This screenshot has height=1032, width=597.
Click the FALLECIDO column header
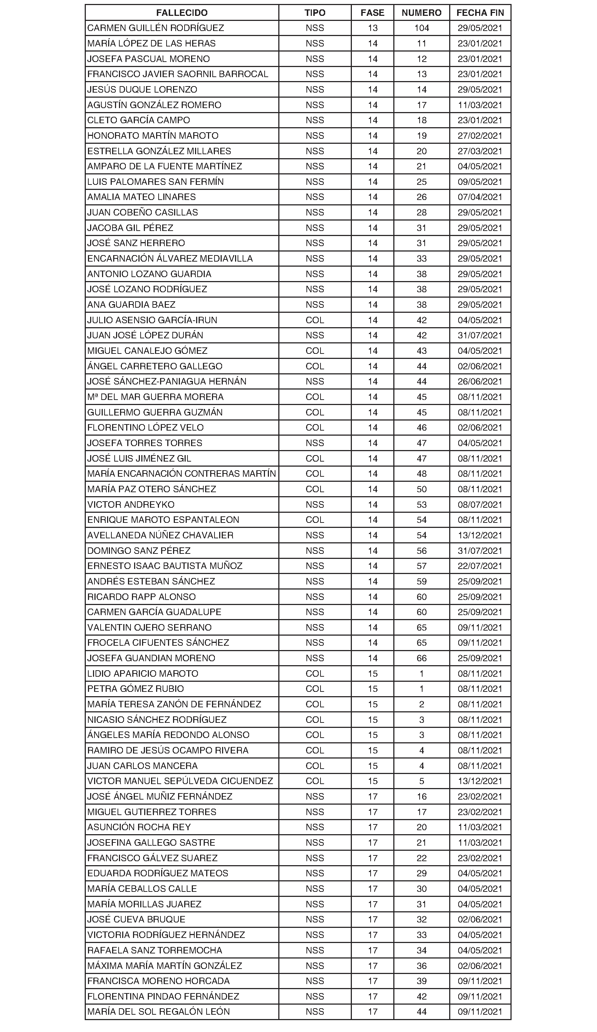(182, 13)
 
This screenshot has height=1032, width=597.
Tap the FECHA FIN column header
(480, 13)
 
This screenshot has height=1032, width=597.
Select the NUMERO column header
(421, 13)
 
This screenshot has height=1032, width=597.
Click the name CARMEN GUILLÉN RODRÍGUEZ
(156, 28)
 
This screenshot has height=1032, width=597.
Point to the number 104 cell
(421, 28)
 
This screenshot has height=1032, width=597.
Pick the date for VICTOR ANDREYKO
(480, 504)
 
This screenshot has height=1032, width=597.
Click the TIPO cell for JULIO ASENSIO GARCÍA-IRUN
(315, 320)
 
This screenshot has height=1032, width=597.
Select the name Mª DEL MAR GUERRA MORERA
(155, 397)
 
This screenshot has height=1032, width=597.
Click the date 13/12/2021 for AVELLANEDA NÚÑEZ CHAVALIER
(480, 535)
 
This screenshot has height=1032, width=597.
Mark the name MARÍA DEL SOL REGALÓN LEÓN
(159, 1011)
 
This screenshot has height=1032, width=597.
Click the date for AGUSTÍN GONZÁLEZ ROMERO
(480, 105)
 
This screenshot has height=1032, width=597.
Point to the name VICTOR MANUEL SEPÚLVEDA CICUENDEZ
(180, 781)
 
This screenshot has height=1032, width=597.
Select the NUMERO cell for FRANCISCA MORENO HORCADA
(421, 981)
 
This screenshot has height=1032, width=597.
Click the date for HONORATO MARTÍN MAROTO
(480, 135)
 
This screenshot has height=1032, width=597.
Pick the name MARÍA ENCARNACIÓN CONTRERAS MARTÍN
(182, 474)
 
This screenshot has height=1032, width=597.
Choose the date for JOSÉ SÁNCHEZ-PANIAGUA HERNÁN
(480, 381)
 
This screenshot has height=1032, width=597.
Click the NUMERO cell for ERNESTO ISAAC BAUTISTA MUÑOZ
(421, 566)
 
